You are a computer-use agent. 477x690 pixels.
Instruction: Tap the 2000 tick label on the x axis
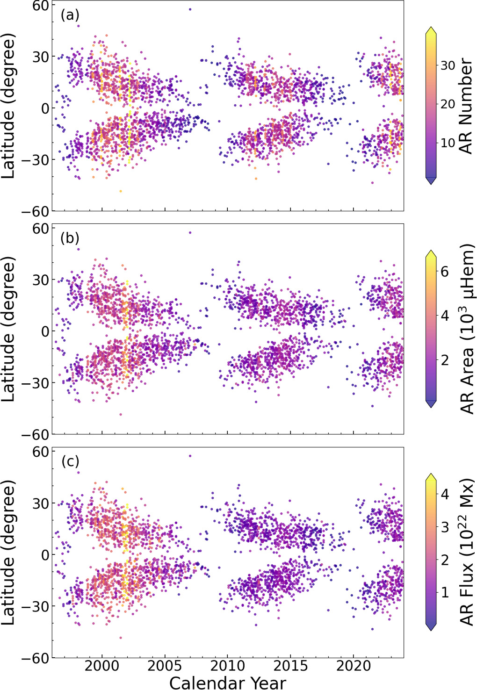pos(102,666)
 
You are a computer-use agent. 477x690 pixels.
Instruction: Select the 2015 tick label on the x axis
pos(290,666)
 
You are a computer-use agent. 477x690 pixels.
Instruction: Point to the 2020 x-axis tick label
pos(353,666)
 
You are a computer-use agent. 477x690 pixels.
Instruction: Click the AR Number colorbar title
pos(466,106)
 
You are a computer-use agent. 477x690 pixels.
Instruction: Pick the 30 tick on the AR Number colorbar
pos(448,65)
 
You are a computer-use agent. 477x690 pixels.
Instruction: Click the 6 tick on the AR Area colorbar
pos(444,272)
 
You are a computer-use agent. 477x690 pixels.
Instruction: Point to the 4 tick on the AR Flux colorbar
pos(444,494)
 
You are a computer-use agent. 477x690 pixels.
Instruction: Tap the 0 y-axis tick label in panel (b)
pos(45,331)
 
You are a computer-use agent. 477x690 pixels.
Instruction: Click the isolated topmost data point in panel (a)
pos(190,9)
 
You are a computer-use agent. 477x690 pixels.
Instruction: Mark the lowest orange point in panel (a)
pos(121,191)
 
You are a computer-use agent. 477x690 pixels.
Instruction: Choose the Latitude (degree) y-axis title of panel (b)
pos(8,329)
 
